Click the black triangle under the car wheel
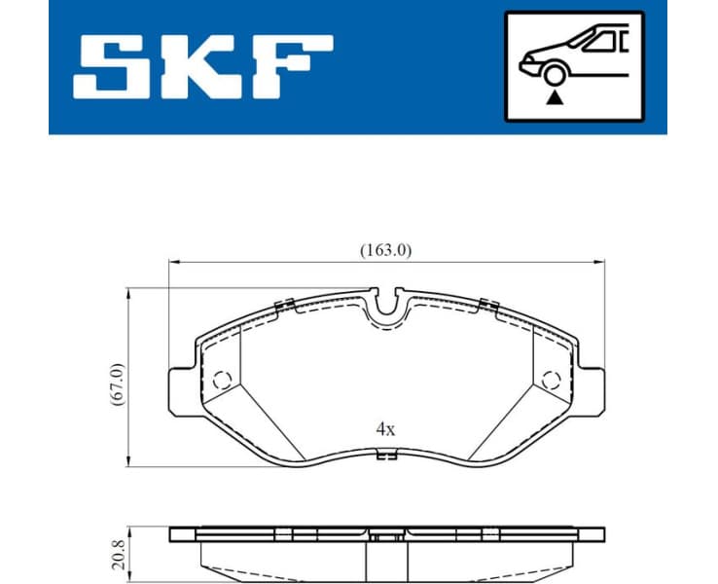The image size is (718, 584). (555, 97)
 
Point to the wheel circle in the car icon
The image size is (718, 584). (555, 75)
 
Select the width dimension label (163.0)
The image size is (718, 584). (386, 249)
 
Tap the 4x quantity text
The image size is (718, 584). (386, 428)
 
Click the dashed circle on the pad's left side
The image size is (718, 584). (222, 379)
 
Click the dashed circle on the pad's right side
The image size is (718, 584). (552, 379)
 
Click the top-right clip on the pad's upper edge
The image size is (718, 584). (488, 308)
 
